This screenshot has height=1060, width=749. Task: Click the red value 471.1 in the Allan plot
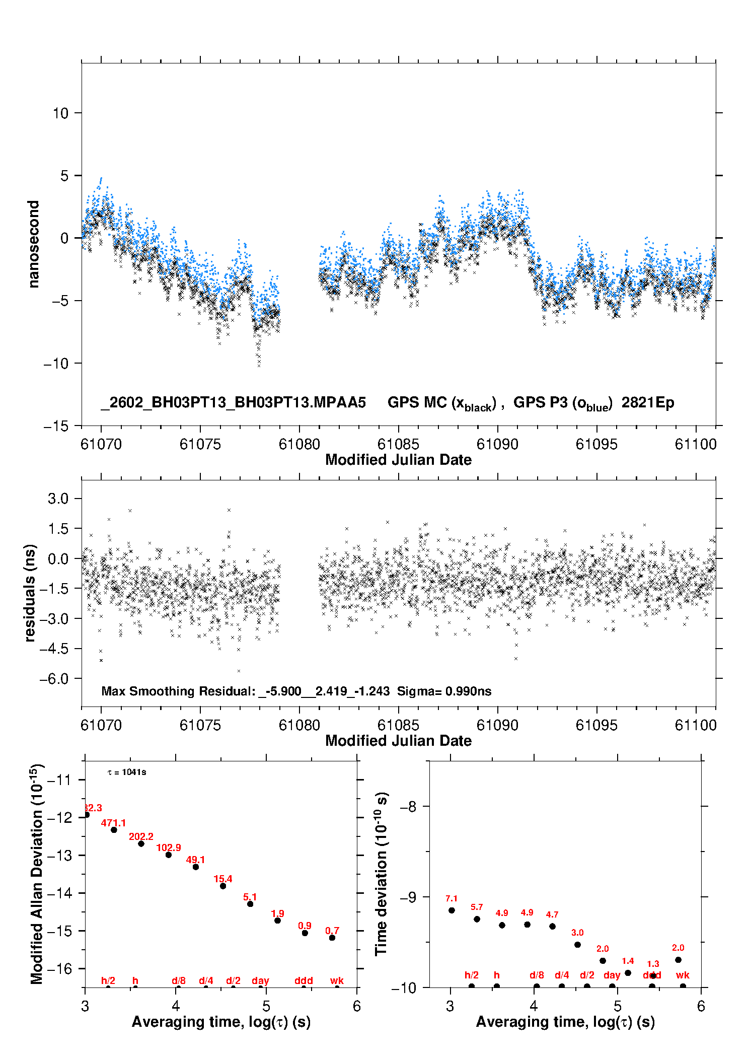tap(113, 823)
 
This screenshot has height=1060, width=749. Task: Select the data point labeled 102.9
tap(169, 855)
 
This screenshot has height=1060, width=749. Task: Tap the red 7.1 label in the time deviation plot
tap(452, 898)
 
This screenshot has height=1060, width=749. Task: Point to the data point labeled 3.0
tap(577, 945)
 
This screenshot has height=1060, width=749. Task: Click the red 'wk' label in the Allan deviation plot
tap(337, 980)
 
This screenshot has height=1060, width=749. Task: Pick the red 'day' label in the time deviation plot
tap(612, 975)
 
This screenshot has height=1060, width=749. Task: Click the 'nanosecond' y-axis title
tap(33, 244)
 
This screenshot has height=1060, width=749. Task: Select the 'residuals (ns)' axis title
tap(30, 593)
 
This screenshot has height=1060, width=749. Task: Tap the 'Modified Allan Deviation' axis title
tap(36, 874)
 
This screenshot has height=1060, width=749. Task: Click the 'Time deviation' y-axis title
tap(381, 874)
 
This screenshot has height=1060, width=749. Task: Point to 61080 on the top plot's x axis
tap(299, 444)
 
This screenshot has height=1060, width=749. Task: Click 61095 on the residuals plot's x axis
tap(596, 725)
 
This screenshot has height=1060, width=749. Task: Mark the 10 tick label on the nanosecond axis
tap(60, 113)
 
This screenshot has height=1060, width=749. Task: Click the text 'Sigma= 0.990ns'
tap(444, 691)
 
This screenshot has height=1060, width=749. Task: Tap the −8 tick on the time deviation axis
tap(408, 807)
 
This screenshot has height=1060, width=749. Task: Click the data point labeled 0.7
tap(332, 938)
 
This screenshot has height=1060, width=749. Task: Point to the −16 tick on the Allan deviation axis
tap(59, 968)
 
